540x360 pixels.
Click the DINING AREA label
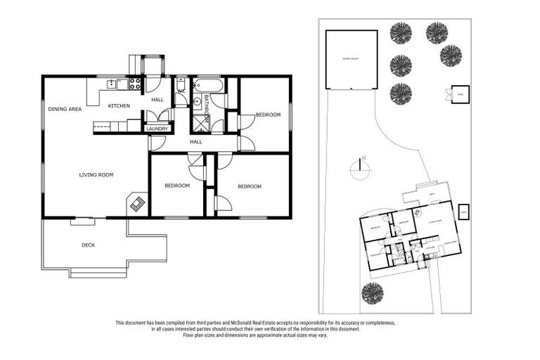[x=65, y=109]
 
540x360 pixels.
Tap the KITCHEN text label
[x=119, y=105]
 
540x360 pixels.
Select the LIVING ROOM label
[x=96, y=174]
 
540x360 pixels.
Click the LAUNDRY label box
[x=157, y=129]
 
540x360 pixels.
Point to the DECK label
[x=88, y=245]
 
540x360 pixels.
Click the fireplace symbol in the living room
[x=138, y=204]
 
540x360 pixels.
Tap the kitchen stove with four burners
[x=134, y=84]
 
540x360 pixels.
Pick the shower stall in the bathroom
[x=202, y=124]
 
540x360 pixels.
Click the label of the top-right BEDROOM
[x=267, y=115]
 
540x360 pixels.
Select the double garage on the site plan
[x=351, y=60]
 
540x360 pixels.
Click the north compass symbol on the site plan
[x=359, y=168]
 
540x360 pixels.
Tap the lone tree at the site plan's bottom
[x=372, y=293]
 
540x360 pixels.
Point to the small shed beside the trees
[x=461, y=94]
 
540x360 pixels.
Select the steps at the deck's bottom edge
[x=98, y=274]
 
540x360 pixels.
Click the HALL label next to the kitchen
[x=157, y=100]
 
